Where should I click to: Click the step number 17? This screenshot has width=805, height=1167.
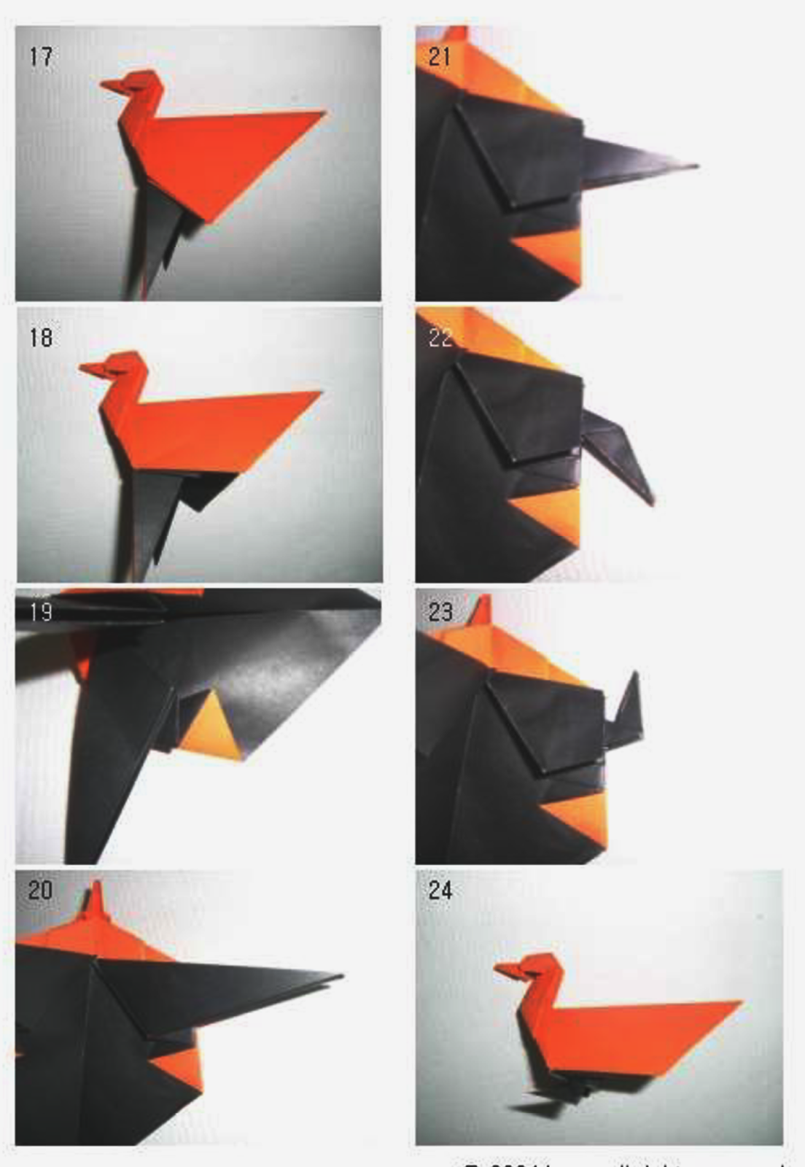pyautogui.click(x=41, y=56)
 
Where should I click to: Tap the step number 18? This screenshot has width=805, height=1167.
pyautogui.click(x=41, y=337)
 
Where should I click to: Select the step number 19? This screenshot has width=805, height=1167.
pyautogui.click(x=41, y=611)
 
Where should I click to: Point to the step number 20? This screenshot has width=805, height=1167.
pyautogui.click(x=40, y=890)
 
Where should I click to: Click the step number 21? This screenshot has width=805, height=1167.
pyautogui.click(x=440, y=56)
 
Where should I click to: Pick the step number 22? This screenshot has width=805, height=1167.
pyautogui.click(x=440, y=337)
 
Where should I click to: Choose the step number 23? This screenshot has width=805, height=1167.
pyautogui.click(x=440, y=611)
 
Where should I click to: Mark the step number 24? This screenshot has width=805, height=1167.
pyautogui.click(x=440, y=890)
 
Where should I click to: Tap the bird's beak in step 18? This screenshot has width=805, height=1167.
pyautogui.click(x=90, y=369)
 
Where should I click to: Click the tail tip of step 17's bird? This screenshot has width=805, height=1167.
pyautogui.click(x=322, y=113)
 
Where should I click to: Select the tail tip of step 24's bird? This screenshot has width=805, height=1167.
pyautogui.click(x=739, y=1004)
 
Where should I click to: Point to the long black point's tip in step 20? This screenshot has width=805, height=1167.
pyautogui.click(x=340, y=975)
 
